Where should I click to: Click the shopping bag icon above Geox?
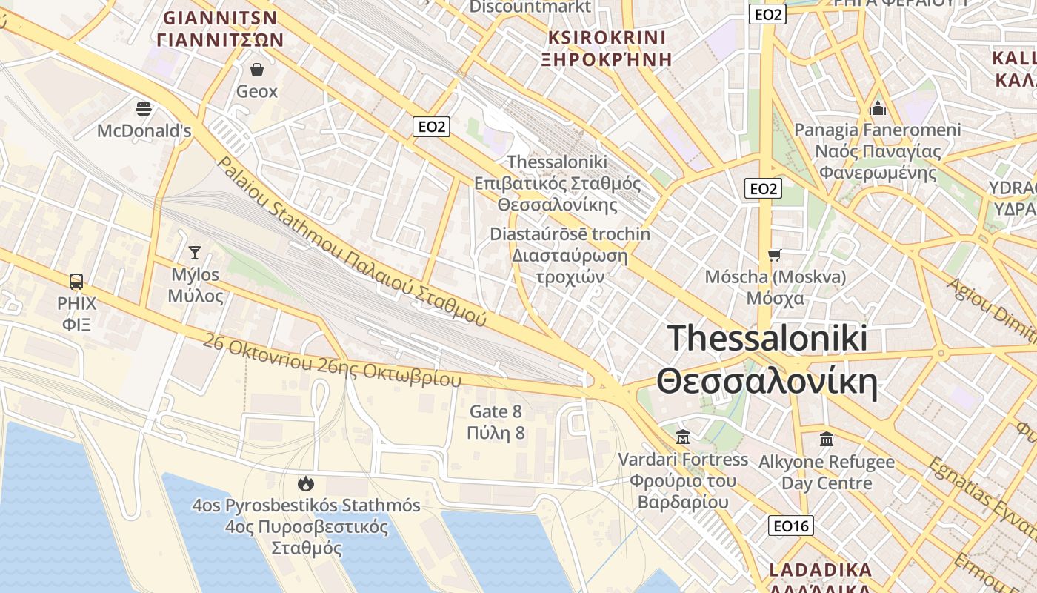pos(257,70)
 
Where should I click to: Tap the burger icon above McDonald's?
pos(144,109)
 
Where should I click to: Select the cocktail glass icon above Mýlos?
pos(194,253)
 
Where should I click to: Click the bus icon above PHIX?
pos(76,281)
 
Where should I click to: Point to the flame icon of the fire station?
pos(305,484)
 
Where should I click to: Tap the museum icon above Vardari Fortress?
pos(683,437)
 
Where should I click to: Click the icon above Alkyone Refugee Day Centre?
pos(827,440)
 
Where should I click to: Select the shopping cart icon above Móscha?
pos(775,256)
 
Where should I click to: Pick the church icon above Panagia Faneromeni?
pos(878,109)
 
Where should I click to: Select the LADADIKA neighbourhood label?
pos(820,571)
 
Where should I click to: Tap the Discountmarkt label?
pos(530,7)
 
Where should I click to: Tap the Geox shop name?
pos(257,91)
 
